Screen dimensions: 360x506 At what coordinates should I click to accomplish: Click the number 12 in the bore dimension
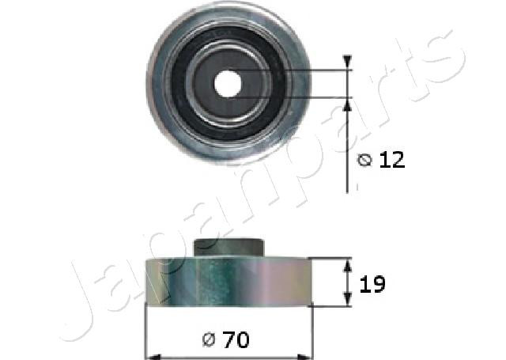pyautogui.click(x=391, y=161)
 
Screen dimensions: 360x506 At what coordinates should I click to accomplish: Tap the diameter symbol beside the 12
pyautogui.click(x=364, y=161)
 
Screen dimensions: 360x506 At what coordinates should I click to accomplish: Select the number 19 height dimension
pyautogui.click(x=373, y=284)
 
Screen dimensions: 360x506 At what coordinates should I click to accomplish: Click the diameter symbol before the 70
pyautogui.click(x=210, y=341)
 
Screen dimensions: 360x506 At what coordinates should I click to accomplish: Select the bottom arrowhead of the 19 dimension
pyautogui.click(x=347, y=300)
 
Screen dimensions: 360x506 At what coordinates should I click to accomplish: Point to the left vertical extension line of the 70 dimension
pyautogui.click(x=145, y=332)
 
